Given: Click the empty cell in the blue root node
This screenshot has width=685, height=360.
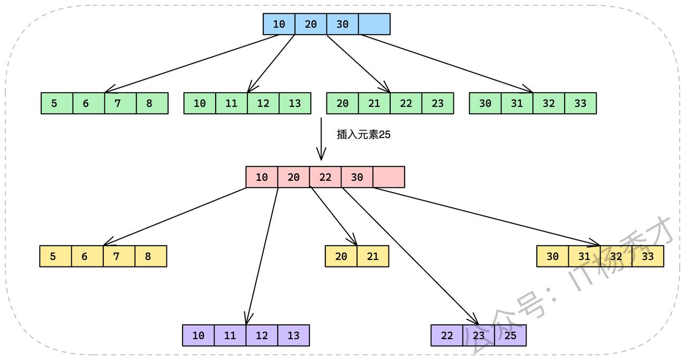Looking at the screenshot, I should (x=374, y=24).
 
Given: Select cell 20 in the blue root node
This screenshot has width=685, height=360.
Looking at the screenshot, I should (x=310, y=24).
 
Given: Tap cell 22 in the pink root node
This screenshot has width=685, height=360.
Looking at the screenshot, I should (x=325, y=177).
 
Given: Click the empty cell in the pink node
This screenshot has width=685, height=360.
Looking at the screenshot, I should (x=389, y=177).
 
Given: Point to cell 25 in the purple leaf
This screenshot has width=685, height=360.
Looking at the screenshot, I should (x=510, y=335).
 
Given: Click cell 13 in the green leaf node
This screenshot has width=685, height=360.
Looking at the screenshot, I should (x=295, y=103).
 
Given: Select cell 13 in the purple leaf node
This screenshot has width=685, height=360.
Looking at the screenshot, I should (x=293, y=335).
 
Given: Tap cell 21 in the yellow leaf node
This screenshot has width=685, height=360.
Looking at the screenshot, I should (x=372, y=256).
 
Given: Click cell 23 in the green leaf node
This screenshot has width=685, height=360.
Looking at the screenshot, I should (x=437, y=103).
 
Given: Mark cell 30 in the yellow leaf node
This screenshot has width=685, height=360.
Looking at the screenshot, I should (x=552, y=256).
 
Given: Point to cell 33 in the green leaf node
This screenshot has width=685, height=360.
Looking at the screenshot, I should (x=580, y=103).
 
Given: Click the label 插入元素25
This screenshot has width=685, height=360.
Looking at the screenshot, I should (x=363, y=135).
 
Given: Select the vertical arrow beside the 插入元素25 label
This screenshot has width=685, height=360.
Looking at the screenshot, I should (x=321, y=139).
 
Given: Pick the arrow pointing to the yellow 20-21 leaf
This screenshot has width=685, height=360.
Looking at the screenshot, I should (x=333, y=216).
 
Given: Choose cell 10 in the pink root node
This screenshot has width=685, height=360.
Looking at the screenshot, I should (x=262, y=177).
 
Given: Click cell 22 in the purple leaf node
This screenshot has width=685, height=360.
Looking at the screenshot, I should (x=447, y=335).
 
